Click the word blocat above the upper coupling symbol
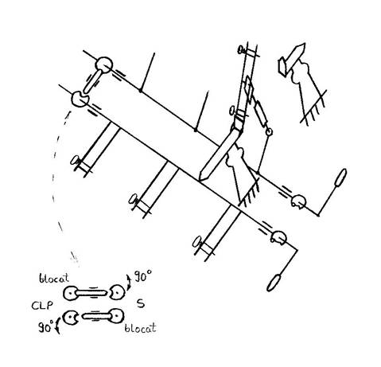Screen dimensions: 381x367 point(54,278)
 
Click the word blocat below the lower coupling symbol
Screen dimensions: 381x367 point(140,328)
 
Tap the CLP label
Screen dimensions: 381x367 point(42,306)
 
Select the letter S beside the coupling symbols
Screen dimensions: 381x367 point(141,303)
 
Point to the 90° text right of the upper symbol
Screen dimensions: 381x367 point(143,276)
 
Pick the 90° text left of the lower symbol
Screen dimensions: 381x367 point(46,326)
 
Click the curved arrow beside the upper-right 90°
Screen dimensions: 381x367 point(129,283)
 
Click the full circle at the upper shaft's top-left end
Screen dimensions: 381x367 point(104,64)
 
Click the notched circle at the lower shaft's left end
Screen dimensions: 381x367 point(80,99)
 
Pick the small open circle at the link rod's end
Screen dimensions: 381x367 point(270,131)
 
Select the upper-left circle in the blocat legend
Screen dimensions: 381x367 point(70,293)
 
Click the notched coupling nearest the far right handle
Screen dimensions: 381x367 point(298,201)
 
